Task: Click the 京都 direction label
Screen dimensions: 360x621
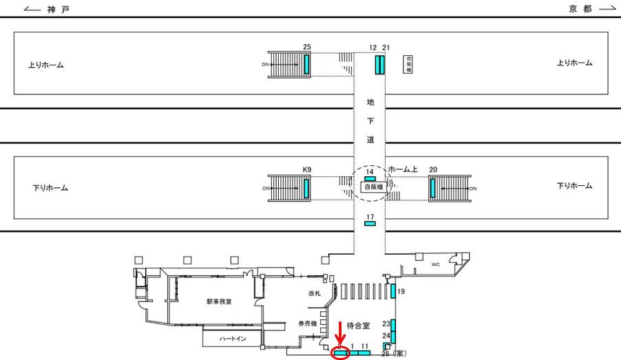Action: point(580,9)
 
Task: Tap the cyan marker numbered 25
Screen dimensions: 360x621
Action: point(306,64)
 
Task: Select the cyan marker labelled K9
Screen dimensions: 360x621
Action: point(306,187)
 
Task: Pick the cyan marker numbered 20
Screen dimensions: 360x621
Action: point(432,187)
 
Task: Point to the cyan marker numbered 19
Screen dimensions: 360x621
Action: point(392,291)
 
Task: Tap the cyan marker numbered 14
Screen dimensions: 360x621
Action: point(370,179)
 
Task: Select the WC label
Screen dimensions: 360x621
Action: point(435,264)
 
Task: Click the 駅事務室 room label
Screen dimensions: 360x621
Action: point(220,301)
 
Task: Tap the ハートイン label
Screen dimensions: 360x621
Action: point(232,339)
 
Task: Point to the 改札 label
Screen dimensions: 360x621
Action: point(315,293)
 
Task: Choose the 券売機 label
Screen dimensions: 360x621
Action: point(306,323)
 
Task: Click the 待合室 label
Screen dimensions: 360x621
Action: point(359,324)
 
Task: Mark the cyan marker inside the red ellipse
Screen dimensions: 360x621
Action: point(341,353)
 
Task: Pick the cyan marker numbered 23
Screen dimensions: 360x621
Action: point(393,324)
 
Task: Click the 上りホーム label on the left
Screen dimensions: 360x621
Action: point(46,65)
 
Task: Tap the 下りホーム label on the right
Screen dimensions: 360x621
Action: point(574,186)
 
